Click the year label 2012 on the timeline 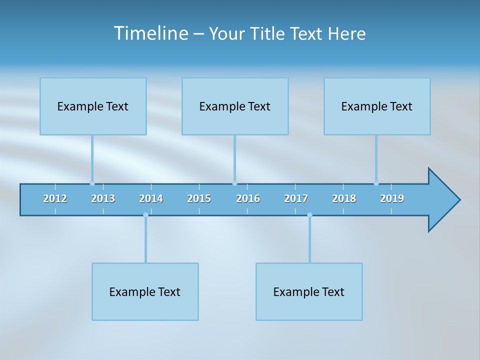point(55,198)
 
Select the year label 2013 point(103,198)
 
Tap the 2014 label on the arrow point(151,198)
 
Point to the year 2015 point(199,198)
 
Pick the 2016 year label point(248,198)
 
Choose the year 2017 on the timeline point(296,198)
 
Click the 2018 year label point(344,198)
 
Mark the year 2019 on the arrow point(392,198)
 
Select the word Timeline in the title point(150,33)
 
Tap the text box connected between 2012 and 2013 point(93,106)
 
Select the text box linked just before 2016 point(235,106)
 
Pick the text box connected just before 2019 point(377,106)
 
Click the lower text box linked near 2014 point(145,291)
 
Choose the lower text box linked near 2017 point(309,291)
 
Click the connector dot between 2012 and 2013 point(92,183)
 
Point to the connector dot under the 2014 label point(145,215)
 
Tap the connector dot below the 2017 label point(309,215)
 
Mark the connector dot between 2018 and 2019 point(376,183)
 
